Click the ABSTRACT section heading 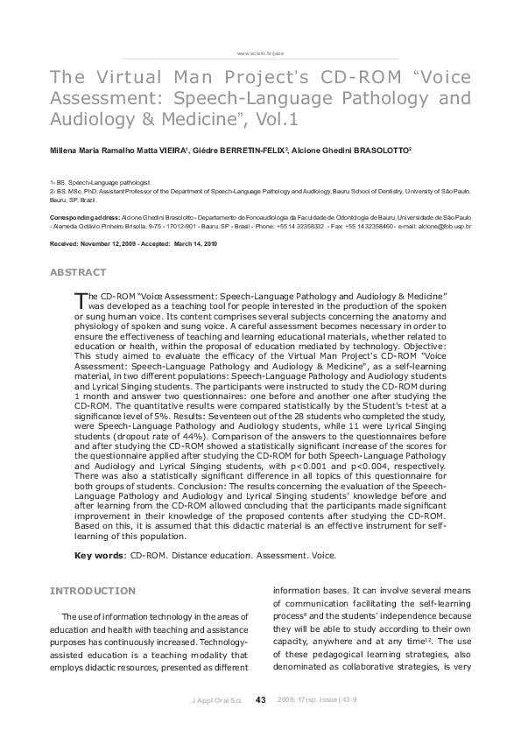78,273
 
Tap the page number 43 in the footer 261,699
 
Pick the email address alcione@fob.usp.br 445,226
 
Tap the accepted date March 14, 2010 201,243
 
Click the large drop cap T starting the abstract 81,300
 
